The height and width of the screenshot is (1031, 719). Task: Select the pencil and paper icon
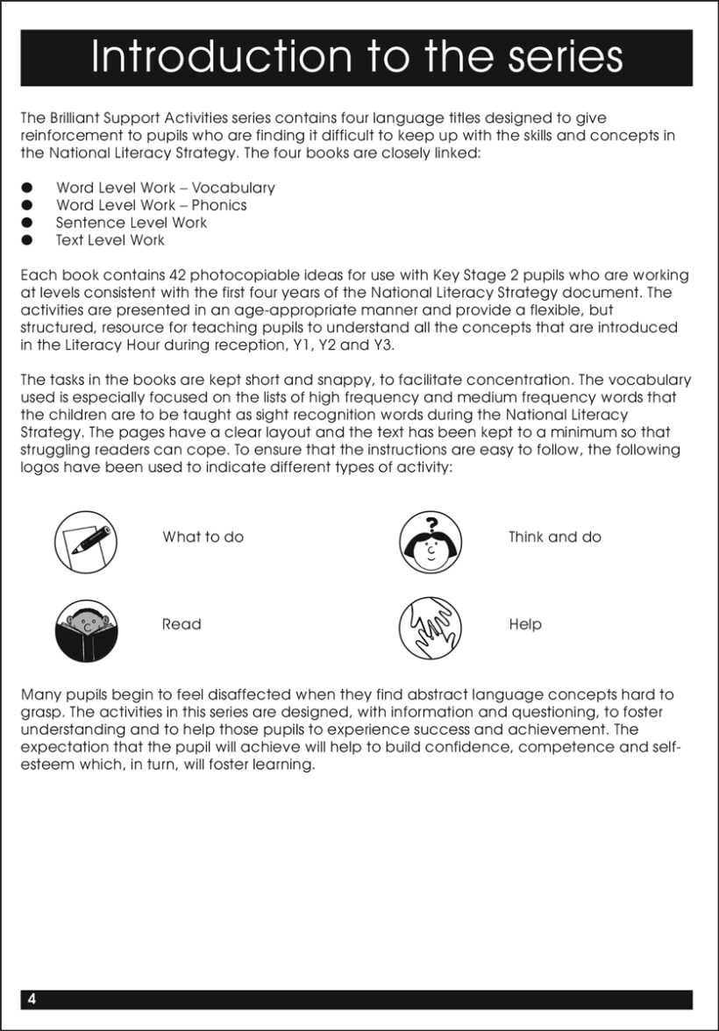(x=86, y=542)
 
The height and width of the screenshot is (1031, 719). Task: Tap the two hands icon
(x=431, y=629)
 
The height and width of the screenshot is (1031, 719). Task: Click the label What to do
(x=203, y=537)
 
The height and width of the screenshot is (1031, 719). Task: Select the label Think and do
(x=555, y=537)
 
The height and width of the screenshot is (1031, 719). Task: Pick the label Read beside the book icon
(x=182, y=624)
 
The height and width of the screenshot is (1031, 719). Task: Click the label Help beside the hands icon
(x=525, y=624)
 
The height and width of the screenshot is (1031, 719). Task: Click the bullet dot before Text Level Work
(x=27, y=240)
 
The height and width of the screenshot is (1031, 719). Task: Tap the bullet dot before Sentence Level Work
(x=27, y=223)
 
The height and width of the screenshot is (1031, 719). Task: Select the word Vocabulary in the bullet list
(x=233, y=188)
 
